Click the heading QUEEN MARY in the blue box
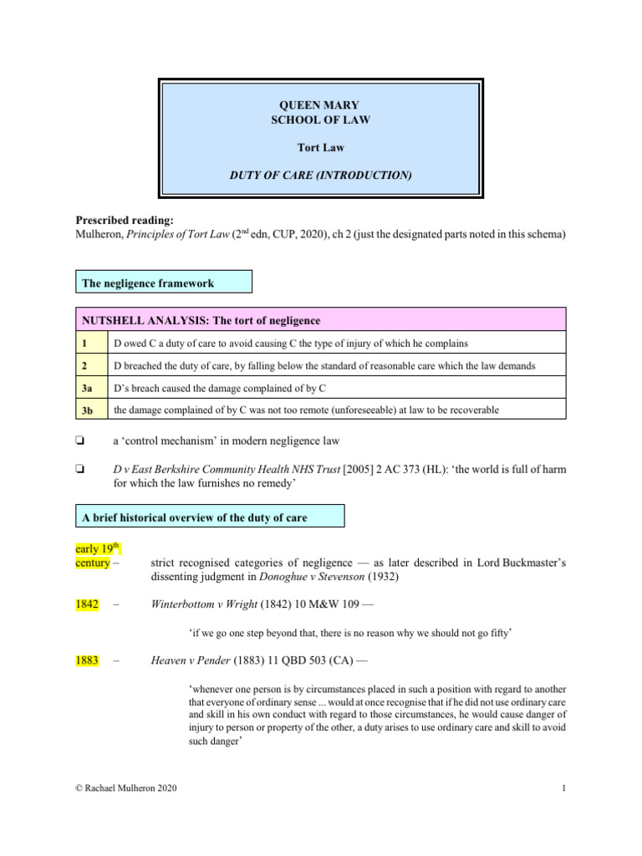tap(320, 105)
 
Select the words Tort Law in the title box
tap(320, 147)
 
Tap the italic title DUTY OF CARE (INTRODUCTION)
tap(320, 175)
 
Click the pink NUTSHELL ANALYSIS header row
tap(321, 320)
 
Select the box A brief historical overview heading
tap(210, 517)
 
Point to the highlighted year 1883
tap(88, 660)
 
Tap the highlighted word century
tap(92, 563)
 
